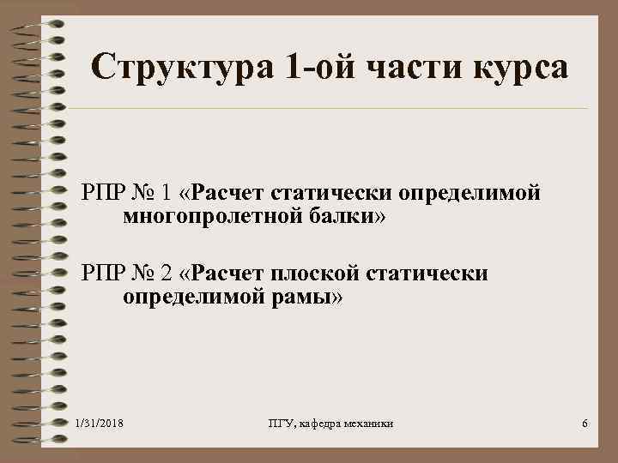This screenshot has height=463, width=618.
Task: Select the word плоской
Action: pyautogui.click(x=313, y=274)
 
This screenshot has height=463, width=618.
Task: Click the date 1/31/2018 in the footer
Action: pyautogui.click(x=100, y=424)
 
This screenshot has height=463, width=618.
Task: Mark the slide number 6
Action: pyautogui.click(x=584, y=425)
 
